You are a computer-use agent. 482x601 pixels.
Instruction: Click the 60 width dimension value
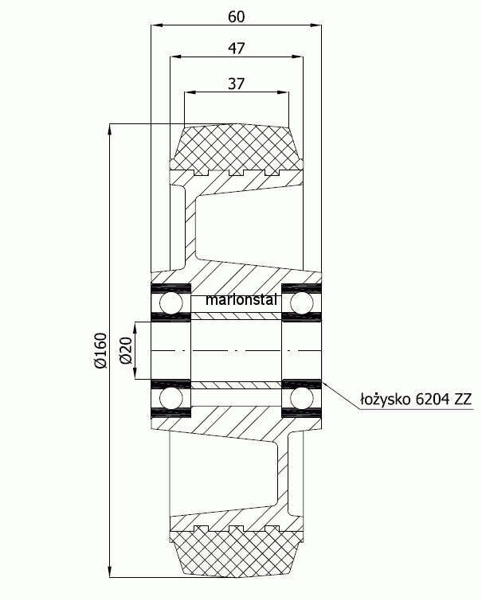[236, 17]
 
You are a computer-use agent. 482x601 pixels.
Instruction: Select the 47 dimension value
[236, 49]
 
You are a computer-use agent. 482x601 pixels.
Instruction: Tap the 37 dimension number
[236, 84]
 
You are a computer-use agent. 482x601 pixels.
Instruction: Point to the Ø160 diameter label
[101, 351]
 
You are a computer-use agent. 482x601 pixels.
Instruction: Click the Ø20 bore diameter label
[126, 351]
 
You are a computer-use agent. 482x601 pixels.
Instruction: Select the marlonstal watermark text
[241, 300]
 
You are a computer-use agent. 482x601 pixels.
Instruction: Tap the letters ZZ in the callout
[462, 400]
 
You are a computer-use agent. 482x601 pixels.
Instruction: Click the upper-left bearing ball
[171, 303]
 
